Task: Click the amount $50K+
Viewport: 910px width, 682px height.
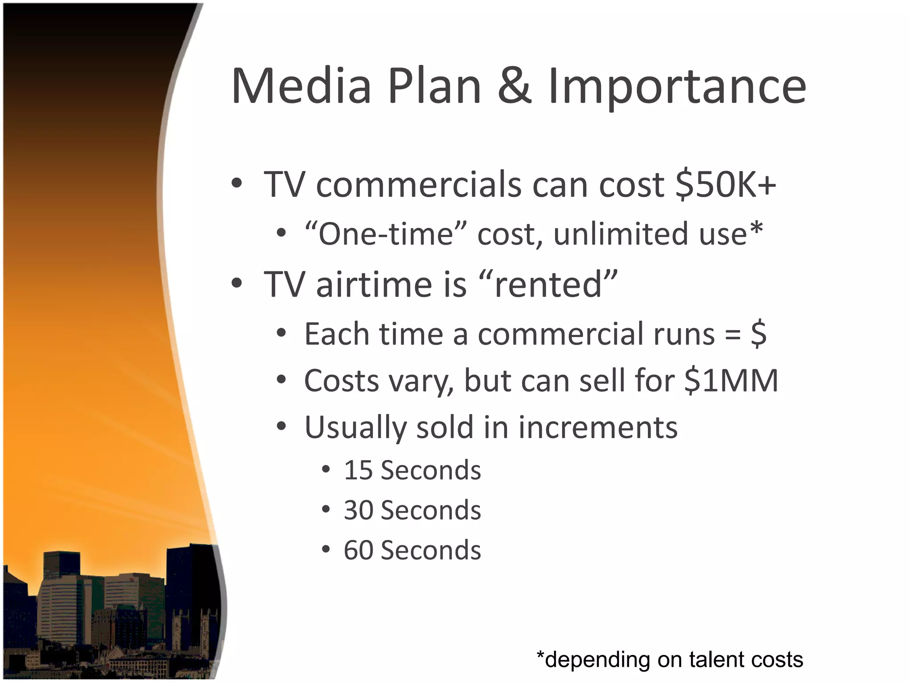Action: click(x=725, y=185)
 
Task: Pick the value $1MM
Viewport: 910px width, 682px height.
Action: click(x=731, y=381)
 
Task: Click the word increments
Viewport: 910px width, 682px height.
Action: click(x=598, y=428)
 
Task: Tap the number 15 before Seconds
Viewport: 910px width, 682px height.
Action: click(x=358, y=471)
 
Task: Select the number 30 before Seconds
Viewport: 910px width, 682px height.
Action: click(x=358, y=511)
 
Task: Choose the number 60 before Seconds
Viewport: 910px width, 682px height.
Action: click(x=358, y=551)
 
